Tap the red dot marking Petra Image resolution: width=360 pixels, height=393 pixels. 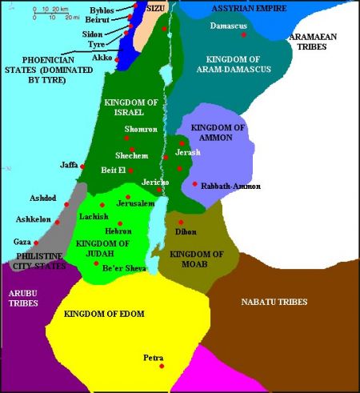162,366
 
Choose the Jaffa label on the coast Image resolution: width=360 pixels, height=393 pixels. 69,165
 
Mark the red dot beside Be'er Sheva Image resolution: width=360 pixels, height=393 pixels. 96,263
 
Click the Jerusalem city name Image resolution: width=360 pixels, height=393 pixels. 134,203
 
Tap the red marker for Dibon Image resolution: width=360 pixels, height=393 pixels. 181,222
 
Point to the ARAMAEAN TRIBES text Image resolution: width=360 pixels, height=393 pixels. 328,42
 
